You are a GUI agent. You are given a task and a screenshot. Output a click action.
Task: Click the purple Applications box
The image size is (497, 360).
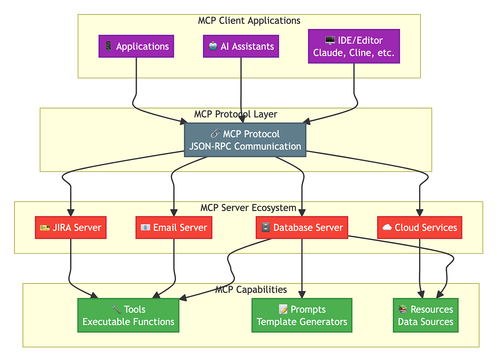coord(136,46)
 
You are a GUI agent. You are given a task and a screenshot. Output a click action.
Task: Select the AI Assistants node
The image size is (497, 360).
coord(241,46)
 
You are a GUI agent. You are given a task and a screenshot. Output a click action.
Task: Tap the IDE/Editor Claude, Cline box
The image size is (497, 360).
coord(354,46)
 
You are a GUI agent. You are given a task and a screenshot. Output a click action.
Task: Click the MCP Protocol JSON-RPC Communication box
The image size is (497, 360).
coord(245,140)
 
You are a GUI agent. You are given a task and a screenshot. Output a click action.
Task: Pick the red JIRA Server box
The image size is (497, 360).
coord(71,228)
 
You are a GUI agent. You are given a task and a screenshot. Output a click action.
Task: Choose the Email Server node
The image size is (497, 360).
coord(174,228)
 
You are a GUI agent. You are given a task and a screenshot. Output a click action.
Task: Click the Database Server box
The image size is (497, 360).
coord(302,228)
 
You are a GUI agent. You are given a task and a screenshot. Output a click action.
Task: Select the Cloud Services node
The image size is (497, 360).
coord(420,228)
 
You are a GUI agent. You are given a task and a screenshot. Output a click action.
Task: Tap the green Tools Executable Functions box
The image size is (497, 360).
coord(128,315)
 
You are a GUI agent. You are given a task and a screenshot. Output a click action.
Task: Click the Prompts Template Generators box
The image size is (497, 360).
coord(302,315)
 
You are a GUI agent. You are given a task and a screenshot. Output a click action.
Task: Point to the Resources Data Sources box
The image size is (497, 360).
coord(425,315)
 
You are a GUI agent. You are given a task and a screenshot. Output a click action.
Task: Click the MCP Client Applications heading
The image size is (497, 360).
coord(249,20)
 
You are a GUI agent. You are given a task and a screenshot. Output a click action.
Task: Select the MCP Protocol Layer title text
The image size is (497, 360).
coord(235,114)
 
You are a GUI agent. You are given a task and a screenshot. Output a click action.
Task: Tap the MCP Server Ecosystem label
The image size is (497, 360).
coord(248,207)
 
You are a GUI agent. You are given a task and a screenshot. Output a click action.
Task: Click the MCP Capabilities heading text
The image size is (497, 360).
coord(251,289)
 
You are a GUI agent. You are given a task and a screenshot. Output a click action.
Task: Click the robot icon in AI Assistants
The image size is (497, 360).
coord(213,46)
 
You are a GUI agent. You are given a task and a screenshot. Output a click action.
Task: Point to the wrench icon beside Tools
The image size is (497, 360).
coord(116,309)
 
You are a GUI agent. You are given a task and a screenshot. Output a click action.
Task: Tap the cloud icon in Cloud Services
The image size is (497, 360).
coord(387,228)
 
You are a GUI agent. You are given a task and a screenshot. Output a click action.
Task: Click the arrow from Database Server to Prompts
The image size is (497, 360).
coord(302,269)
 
